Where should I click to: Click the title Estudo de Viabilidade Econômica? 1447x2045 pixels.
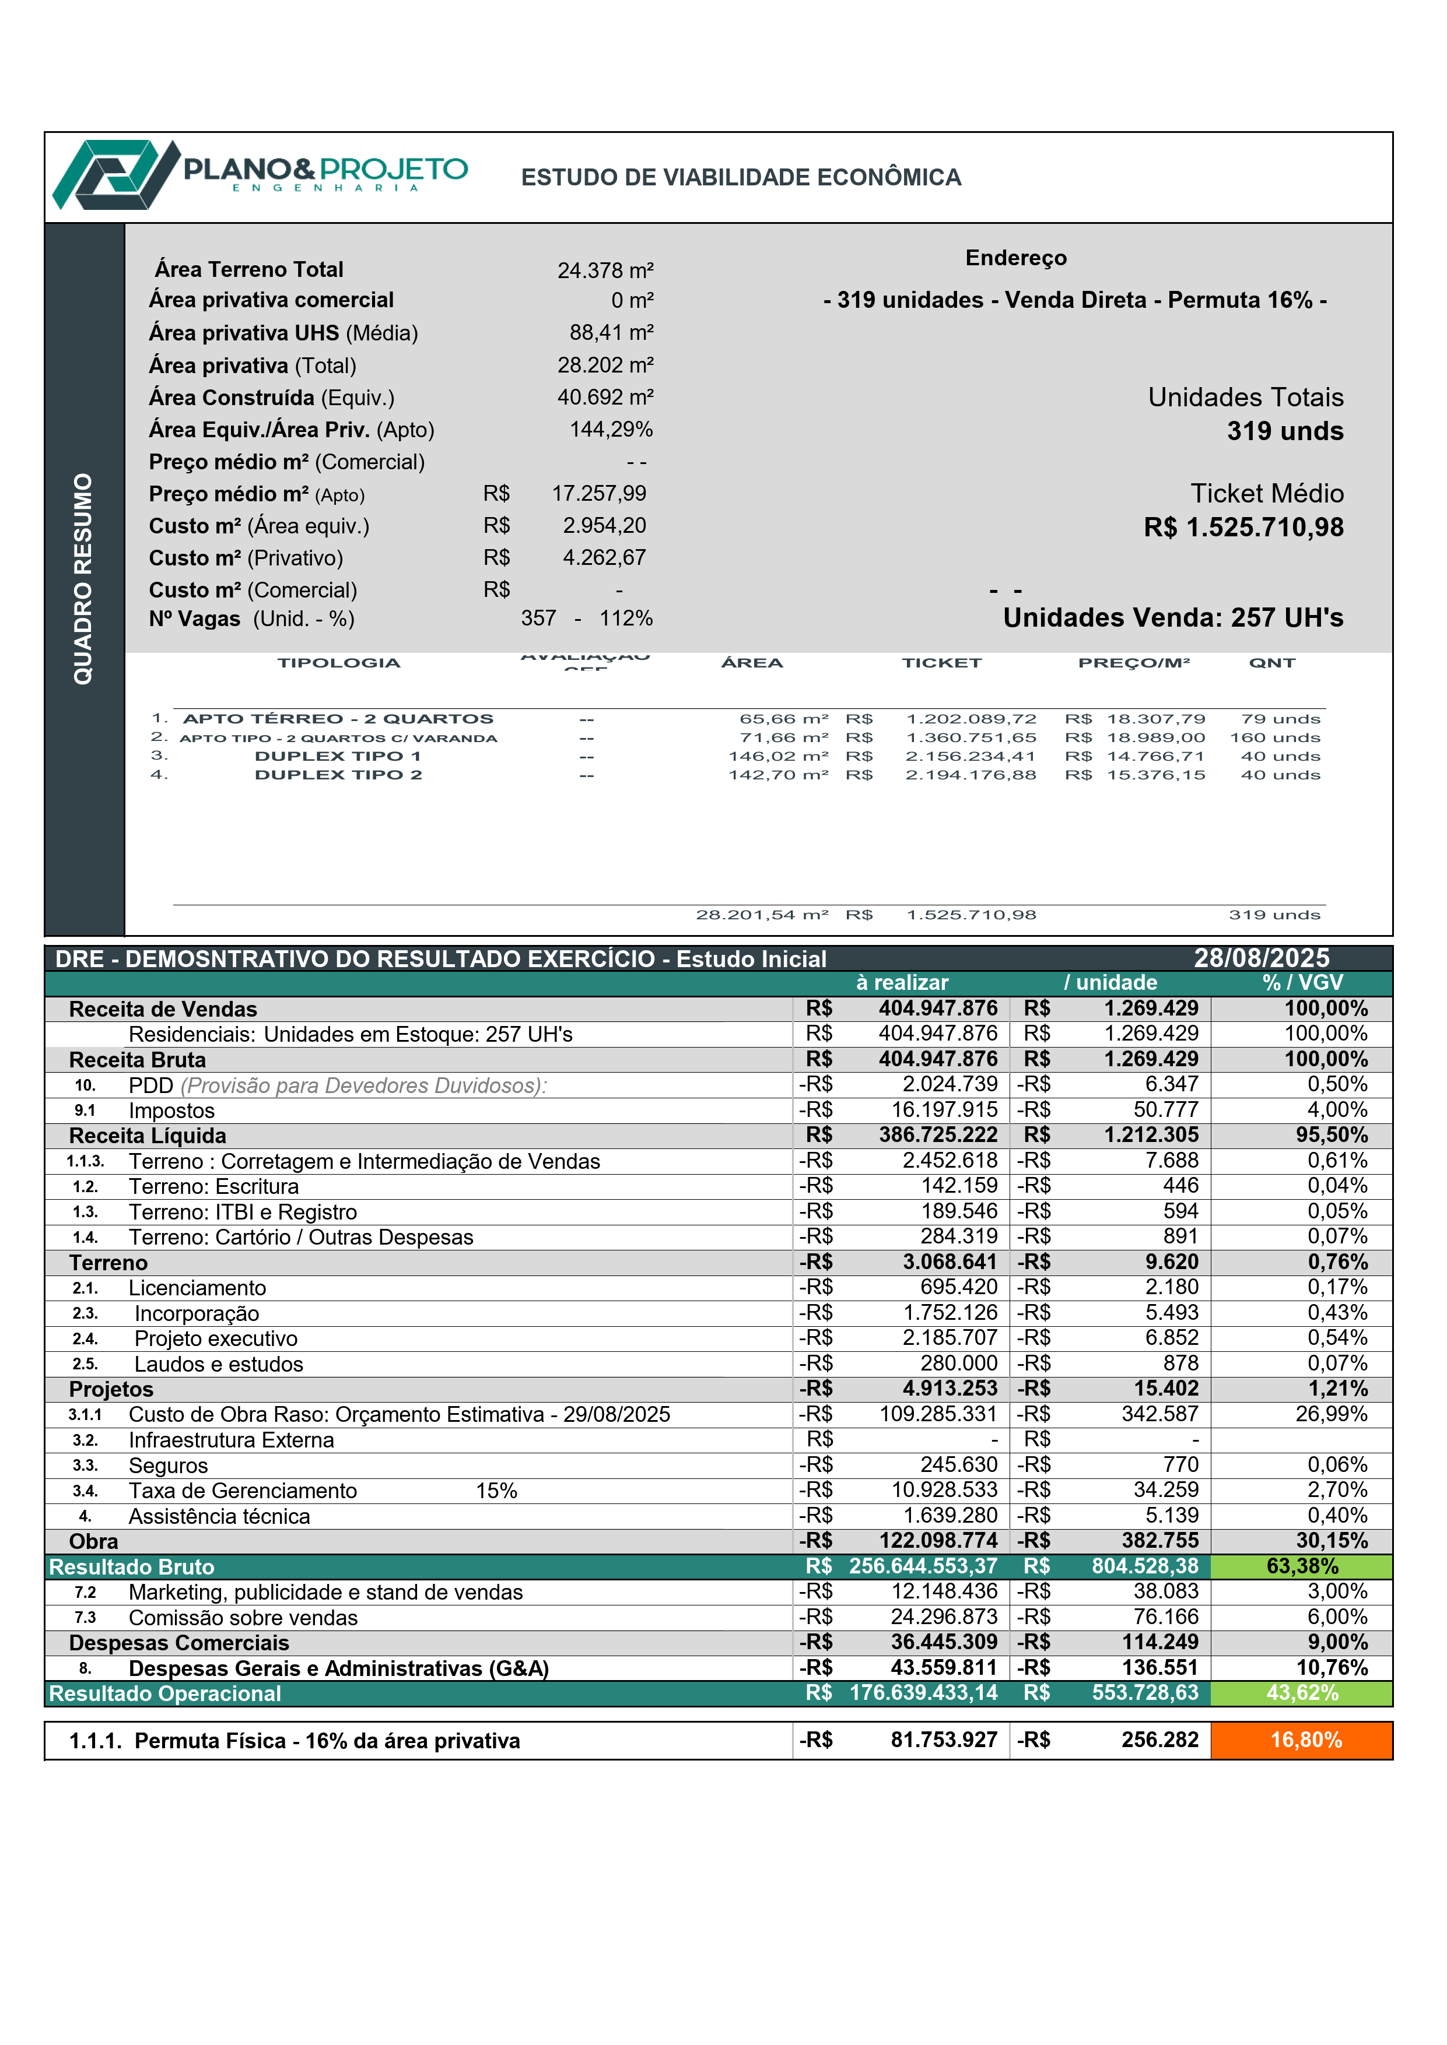(x=741, y=177)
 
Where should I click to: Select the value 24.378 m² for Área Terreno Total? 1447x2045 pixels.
(x=605, y=270)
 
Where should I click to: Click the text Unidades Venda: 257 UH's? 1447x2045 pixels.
(x=1172, y=617)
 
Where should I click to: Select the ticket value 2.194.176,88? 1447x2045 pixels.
(x=970, y=775)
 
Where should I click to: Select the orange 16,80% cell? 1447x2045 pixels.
(x=1305, y=1740)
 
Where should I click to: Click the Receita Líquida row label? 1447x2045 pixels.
(x=148, y=1136)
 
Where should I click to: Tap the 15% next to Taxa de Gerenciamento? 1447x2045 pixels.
(x=496, y=1490)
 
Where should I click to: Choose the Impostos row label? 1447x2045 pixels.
(x=172, y=1111)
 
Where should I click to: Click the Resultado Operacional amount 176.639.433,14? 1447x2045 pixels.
(x=923, y=1692)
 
